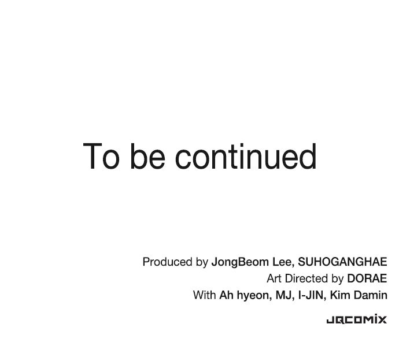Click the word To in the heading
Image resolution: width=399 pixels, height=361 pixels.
(101, 156)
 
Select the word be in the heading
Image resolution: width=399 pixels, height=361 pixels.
(148, 155)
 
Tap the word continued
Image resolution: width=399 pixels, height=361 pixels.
(246, 155)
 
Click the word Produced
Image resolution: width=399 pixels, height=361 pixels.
(168, 262)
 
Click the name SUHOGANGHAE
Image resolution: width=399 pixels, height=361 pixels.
(342, 262)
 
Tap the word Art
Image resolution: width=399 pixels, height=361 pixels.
(274, 278)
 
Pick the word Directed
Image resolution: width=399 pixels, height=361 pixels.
(306, 278)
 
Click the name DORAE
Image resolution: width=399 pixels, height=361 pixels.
(367, 278)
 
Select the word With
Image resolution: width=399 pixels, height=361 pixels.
(204, 295)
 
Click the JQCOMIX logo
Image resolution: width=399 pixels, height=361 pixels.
(357, 319)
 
